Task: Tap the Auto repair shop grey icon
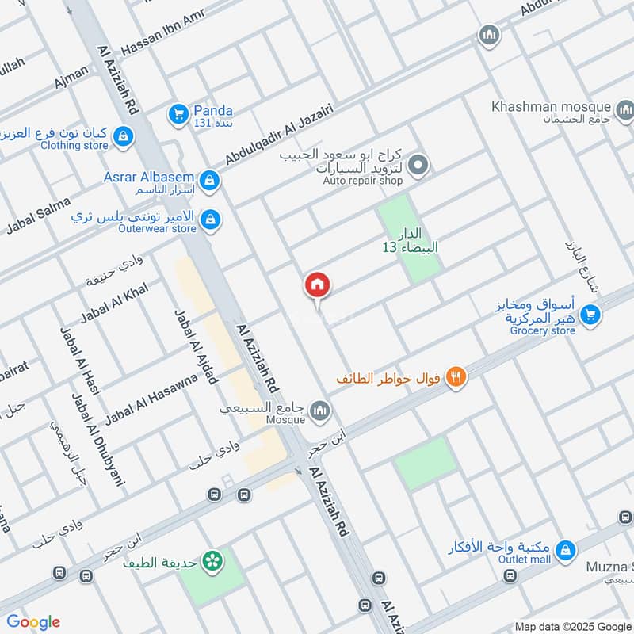click(x=420, y=166)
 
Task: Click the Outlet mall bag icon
click(x=565, y=548)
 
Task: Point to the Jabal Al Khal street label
click(x=115, y=302)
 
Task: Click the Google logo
click(x=33, y=622)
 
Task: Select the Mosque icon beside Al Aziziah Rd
click(x=321, y=410)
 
